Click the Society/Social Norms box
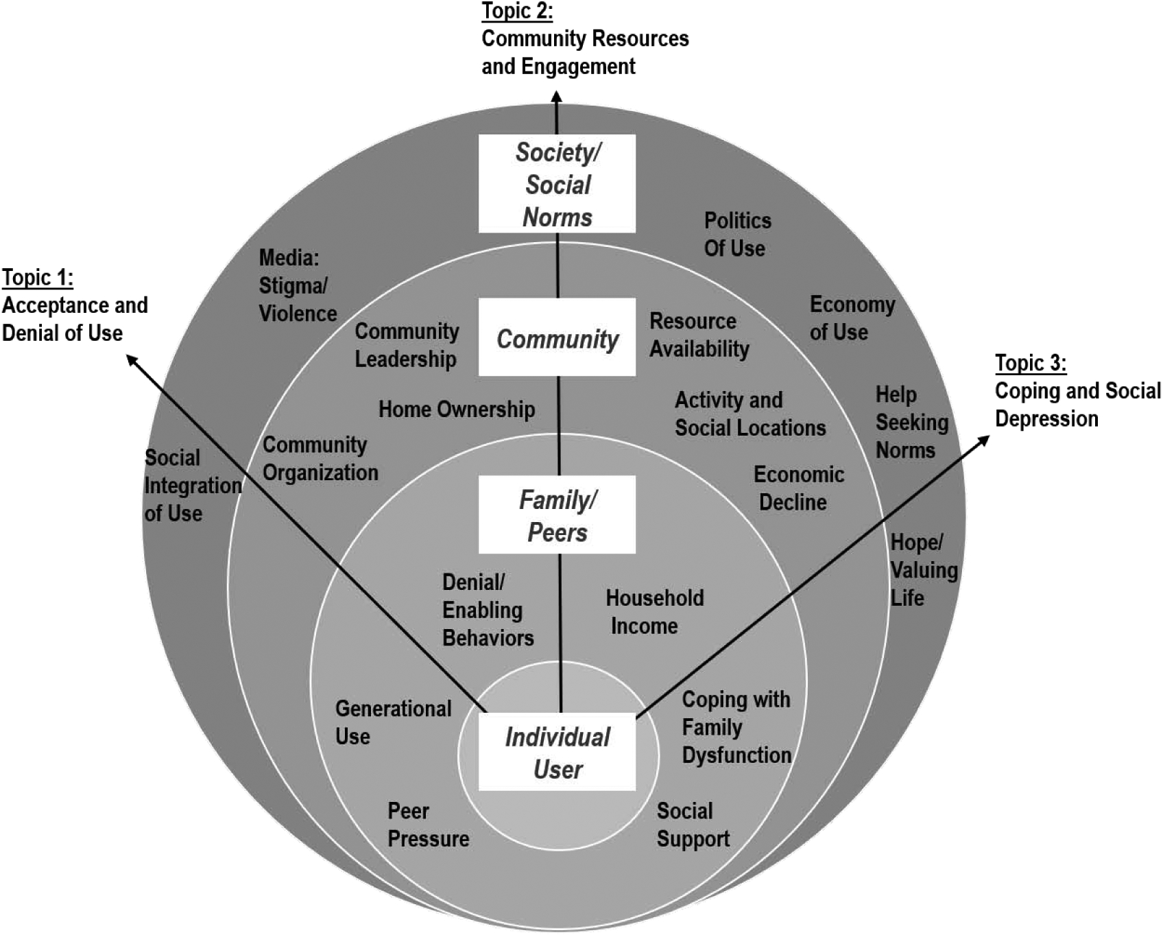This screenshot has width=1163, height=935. (x=557, y=184)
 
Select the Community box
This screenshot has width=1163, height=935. (x=557, y=338)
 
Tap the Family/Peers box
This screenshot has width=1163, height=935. (x=557, y=515)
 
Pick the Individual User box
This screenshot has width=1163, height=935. (x=557, y=753)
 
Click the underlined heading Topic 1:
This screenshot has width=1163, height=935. (x=38, y=278)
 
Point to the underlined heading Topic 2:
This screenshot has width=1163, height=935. (x=517, y=11)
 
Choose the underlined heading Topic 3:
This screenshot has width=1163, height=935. (x=1031, y=363)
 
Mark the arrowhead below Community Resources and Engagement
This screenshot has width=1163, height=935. (x=556, y=98)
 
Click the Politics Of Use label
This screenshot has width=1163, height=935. (x=737, y=234)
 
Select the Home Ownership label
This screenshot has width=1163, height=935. (x=457, y=410)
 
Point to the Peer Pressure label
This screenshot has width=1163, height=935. (x=428, y=825)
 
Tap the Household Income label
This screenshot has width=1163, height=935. (x=654, y=612)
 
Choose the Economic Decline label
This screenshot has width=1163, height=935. (x=798, y=488)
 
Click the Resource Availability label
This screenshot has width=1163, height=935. (x=699, y=335)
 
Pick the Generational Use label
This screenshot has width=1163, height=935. (x=393, y=722)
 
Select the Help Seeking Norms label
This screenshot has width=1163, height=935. (x=911, y=422)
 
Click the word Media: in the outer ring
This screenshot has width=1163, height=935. (x=289, y=258)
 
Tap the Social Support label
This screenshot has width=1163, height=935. (x=693, y=825)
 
